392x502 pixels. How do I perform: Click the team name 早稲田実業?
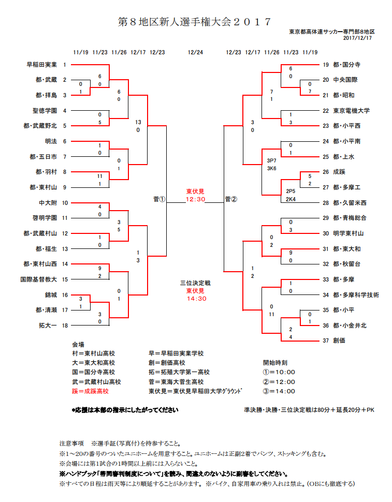(41, 65)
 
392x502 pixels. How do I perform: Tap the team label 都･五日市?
(43, 157)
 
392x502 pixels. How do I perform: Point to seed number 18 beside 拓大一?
(65, 326)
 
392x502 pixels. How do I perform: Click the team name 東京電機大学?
(351, 111)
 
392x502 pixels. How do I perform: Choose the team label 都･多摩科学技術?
(356, 295)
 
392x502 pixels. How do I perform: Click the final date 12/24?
(195, 52)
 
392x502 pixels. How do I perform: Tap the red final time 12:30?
(195, 199)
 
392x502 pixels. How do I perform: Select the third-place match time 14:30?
(197, 299)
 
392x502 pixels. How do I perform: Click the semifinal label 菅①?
(159, 199)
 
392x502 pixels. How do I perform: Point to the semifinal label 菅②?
(231, 199)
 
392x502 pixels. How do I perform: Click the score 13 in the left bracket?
(138, 122)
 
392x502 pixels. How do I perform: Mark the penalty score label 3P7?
(271, 161)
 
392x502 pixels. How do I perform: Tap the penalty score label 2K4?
(291, 199)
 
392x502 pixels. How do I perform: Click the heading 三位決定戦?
(195, 283)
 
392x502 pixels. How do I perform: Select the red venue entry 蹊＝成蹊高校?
(90, 391)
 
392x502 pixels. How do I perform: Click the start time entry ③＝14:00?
(279, 391)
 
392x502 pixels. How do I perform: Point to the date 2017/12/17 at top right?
(357, 38)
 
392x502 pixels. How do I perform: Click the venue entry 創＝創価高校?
(167, 363)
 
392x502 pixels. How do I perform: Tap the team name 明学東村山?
(349, 233)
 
